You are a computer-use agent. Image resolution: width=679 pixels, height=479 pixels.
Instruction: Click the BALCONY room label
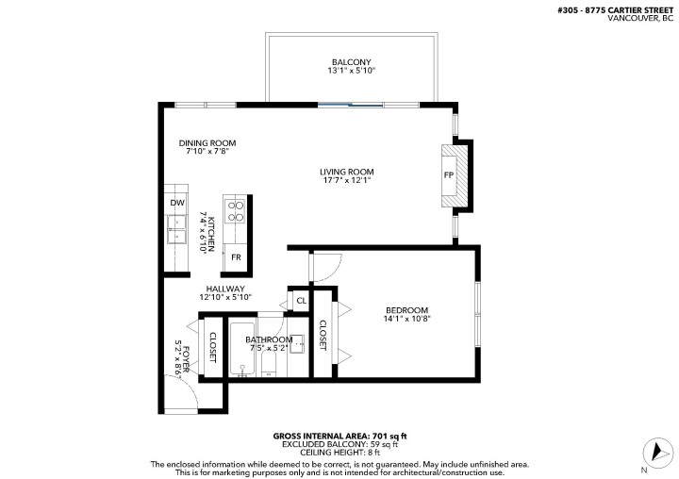[351, 61]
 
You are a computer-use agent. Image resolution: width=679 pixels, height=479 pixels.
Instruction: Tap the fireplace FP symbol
[449, 175]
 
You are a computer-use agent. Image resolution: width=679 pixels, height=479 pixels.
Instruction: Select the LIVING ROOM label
[346, 172]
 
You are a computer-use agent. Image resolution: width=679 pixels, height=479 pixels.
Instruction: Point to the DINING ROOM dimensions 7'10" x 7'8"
[207, 151]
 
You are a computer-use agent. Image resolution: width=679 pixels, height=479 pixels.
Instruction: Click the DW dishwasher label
[176, 203]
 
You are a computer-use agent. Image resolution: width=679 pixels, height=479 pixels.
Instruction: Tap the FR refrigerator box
[236, 257]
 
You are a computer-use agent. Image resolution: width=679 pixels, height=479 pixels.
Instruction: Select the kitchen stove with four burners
[235, 209]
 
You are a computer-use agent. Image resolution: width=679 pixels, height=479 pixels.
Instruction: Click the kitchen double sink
[176, 229]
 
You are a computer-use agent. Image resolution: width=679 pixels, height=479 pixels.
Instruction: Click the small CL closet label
[300, 302]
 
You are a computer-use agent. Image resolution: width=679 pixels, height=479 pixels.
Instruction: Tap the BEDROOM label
[406, 310]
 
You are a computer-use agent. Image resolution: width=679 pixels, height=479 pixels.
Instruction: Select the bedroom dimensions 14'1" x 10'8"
[406, 320]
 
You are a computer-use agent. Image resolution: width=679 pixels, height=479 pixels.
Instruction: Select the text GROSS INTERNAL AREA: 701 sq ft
[339, 436]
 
